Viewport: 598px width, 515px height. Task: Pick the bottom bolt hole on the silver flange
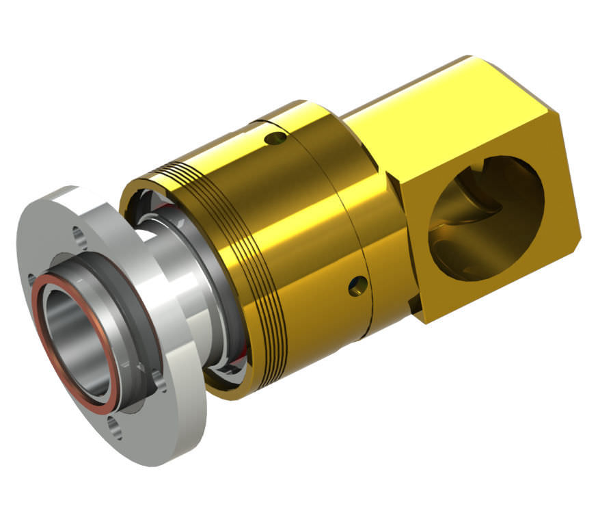tap(119, 431)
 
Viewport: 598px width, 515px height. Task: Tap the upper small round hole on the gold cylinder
tap(277, 140)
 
